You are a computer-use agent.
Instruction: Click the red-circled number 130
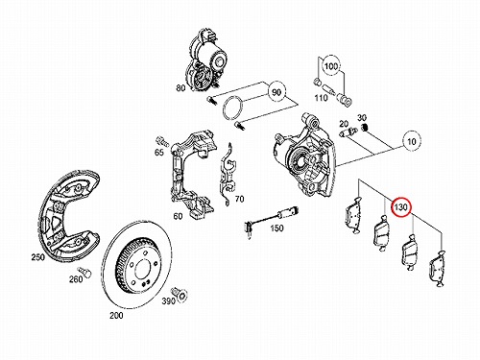(401, 207)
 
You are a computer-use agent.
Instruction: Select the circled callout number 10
(411, 141)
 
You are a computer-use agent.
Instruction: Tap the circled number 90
(276, 92)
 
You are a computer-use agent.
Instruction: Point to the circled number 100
(330, 66)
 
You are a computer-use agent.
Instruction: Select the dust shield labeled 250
(68, 217)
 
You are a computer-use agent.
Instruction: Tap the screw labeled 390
(180, 294)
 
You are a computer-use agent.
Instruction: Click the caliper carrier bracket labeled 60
(191, 175)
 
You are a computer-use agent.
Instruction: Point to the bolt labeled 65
(162, 140)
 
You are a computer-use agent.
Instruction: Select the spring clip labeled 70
(228, 175)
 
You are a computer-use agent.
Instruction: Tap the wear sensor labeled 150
(271, 220)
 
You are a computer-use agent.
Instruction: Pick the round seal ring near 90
(233, 108)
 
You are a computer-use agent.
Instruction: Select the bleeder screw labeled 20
(348, 132)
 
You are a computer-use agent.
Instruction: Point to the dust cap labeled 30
(364, 128)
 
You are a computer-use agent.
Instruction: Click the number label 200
(116, 315)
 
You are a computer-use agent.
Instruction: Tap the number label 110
(321, 98)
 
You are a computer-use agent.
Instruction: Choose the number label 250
(37, 257)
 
